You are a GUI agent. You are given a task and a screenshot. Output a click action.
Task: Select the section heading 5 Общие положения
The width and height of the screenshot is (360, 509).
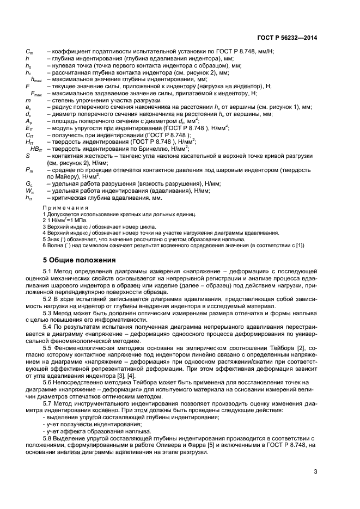point(79,260)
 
